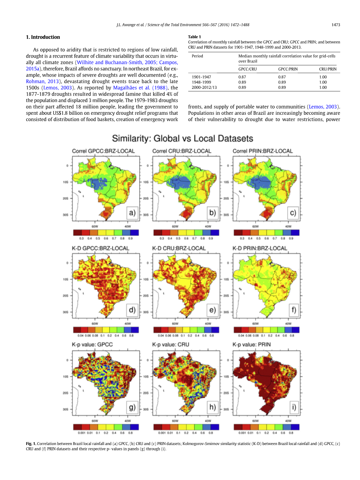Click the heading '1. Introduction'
43,37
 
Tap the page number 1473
336,25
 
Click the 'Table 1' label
195,37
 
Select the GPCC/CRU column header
248,69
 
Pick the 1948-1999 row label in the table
201,82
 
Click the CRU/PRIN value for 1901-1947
323,77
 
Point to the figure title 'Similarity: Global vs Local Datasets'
183,138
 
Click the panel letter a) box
132,212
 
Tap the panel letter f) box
293,310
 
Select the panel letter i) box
293,407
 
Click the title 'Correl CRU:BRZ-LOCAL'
181,151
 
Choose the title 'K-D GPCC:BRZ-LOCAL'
100,248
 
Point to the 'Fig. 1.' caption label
31,443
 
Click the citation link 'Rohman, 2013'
42,81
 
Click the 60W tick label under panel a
95,226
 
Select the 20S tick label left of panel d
66,296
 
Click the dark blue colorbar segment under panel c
295,233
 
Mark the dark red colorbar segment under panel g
77,427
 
